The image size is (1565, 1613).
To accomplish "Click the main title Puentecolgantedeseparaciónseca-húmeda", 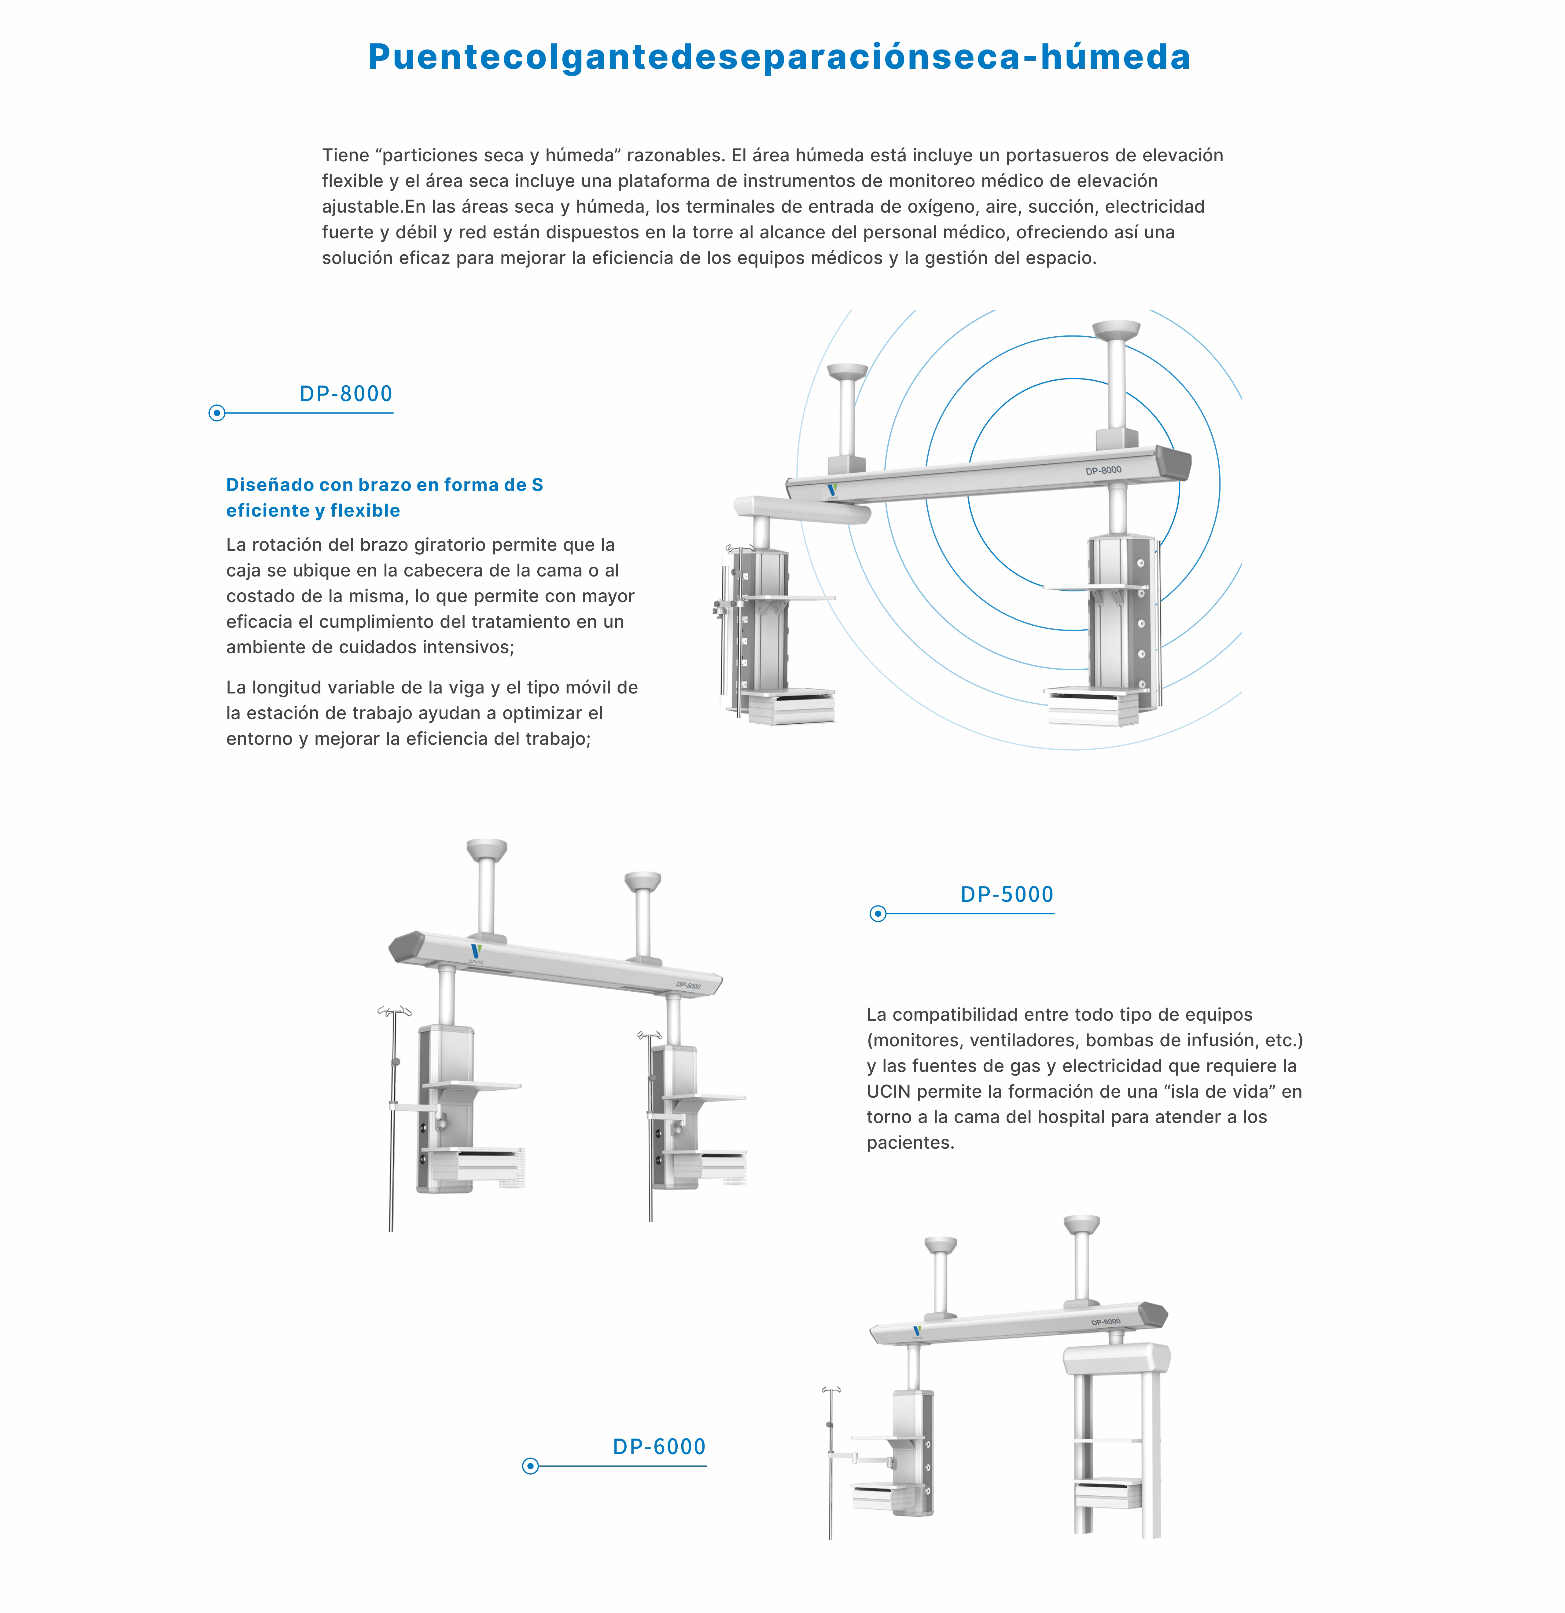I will point(779,57).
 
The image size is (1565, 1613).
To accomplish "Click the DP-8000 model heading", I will point(346,394).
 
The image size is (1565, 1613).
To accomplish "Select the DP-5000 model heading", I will point(1007,894).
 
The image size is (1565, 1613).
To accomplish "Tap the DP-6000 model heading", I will point(659,1447).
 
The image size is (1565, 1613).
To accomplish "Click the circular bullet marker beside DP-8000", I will point(216,413).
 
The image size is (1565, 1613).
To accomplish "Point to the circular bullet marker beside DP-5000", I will point(878,913).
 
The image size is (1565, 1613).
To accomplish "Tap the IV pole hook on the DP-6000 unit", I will point(831,1390).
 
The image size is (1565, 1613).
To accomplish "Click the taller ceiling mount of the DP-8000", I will point(1116,331).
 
